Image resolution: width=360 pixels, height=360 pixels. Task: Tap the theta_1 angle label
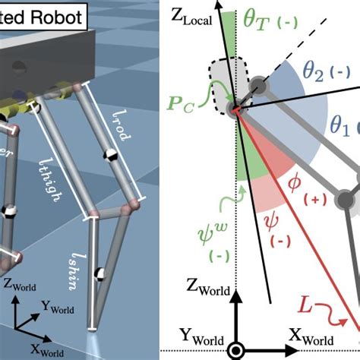(x=340, y=123)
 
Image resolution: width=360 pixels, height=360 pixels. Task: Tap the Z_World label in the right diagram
(x=207, y=287)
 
